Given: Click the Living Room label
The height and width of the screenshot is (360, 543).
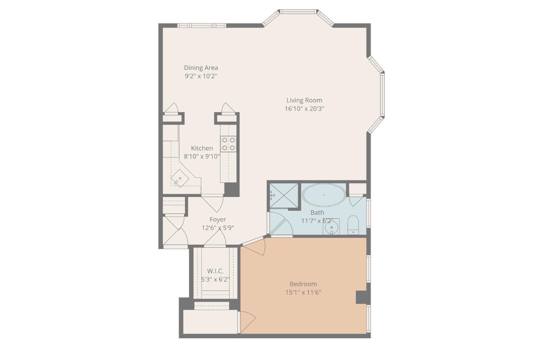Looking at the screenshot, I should point(304,100).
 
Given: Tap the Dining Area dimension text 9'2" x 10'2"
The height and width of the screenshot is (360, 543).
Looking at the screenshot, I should point(201,76).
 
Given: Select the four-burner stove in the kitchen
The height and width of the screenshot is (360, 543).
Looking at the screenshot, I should point(228,144).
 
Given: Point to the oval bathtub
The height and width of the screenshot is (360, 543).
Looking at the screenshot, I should point(324,195).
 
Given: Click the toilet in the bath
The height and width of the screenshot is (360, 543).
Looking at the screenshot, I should point(353,225).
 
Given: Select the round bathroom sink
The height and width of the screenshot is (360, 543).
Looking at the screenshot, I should point(331,228).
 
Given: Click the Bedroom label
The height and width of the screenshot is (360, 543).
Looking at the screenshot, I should point(303,284).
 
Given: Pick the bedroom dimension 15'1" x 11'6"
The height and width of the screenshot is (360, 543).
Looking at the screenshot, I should point(303,292).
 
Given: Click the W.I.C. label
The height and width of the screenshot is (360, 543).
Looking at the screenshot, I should point(215,271).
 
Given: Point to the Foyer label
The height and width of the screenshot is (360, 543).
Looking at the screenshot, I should point(218,220).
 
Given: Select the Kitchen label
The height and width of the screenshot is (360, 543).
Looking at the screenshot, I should point(202,148).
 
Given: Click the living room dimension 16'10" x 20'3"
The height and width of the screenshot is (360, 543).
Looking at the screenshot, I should point(304,109).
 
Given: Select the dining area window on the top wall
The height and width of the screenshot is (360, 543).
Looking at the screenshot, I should point(202,25).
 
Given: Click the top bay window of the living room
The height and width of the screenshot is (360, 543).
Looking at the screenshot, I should point(299,12).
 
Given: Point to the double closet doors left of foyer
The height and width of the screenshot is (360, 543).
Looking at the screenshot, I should point(174,232).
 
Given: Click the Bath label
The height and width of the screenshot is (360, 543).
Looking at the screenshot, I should point(317,212).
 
